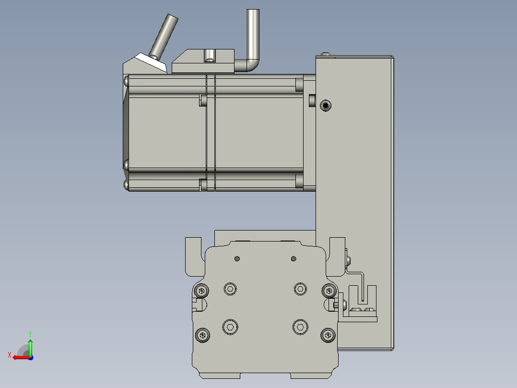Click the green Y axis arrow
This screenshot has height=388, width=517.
[x=30, y=347]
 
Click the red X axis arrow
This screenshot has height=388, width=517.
[x=21, y=357]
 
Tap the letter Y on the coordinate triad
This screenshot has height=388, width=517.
[x=30, y=334]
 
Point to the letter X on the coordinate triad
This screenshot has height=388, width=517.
[x=10, y=355]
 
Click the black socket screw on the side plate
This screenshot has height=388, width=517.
[x=326, y=106]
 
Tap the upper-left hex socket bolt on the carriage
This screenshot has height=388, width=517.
[x=230, y=289]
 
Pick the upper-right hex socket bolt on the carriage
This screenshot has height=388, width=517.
[x=300, y=289]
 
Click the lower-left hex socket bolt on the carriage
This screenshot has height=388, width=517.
[x=230, y=327]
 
